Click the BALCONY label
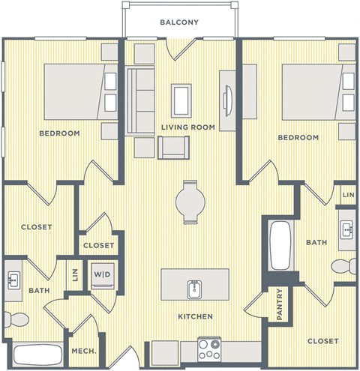[x=179, y=22]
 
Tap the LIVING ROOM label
[x=187, y=127]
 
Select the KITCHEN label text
[x=194, y=317]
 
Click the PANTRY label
[x=279, y=304]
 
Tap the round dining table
[x=189, y=201]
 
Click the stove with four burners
[x=209, y=348]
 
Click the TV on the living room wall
[x=229, y=96]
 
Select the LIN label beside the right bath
[x=347, y=195]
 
